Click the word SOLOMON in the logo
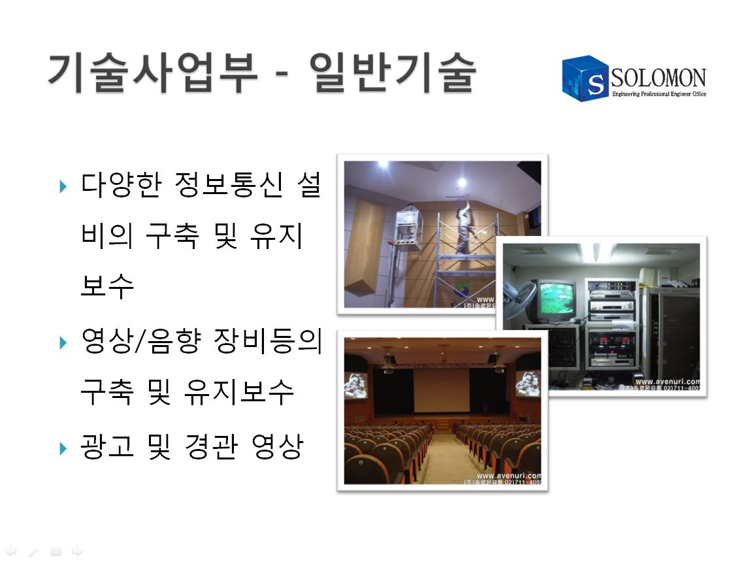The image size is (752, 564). coord(659,78)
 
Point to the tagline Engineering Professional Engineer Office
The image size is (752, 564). coord(659,95)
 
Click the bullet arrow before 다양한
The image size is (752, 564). coord(63,188)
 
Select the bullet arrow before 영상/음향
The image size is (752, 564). coord(63,342)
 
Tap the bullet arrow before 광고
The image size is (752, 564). coord(63,448)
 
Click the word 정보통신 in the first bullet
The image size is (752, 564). coord(229,187)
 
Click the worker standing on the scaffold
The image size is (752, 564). coord(465,229)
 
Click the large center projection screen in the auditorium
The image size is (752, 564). coord(442,390)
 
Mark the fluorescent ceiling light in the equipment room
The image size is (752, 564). coord(601,252)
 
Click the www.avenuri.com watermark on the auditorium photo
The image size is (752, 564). coord(509,475)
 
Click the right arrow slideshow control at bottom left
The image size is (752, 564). coord(77,552)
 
